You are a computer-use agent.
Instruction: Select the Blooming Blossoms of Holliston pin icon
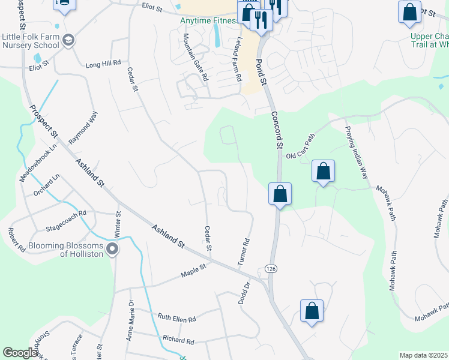[112, 248]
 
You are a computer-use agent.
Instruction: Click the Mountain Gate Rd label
[196, 58]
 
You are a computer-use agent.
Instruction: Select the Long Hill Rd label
[103, 63]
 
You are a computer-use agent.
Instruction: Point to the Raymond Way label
[83, 131]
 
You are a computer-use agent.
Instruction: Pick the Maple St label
[194, 270]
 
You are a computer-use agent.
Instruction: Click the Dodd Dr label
[244, 295]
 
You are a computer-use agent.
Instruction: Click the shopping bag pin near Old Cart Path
[323, 172]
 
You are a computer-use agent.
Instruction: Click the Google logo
[20, 353]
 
